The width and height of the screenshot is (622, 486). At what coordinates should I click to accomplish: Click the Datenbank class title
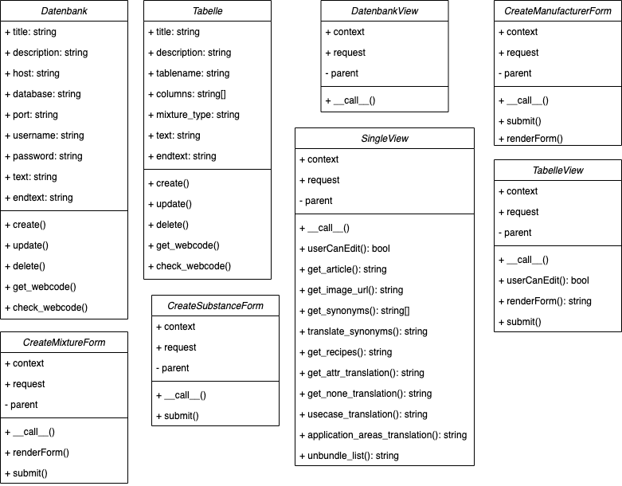tap(64, 11)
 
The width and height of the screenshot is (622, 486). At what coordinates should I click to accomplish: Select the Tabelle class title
tap(206, 11)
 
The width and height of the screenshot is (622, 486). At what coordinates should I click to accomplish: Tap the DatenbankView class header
tap(385, 11)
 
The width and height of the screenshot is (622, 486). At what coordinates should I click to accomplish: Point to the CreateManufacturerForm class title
tap(557, 11)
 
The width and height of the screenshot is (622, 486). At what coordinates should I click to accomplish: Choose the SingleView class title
tap(385, 139)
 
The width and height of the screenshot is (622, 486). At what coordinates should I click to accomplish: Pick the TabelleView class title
tap(557, 170)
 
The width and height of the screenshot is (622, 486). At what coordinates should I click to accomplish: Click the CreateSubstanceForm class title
tap(215, 306)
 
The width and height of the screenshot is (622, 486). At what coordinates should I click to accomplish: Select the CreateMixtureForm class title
tap(64, 343)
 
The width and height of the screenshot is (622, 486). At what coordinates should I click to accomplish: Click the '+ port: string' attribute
tap(37, 115)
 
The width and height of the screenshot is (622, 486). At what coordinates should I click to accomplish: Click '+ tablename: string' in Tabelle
tap(189, 73)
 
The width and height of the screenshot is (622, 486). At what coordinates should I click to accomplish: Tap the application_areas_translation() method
tap(387, 435)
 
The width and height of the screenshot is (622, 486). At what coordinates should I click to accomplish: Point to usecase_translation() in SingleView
tap(367, 414)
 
